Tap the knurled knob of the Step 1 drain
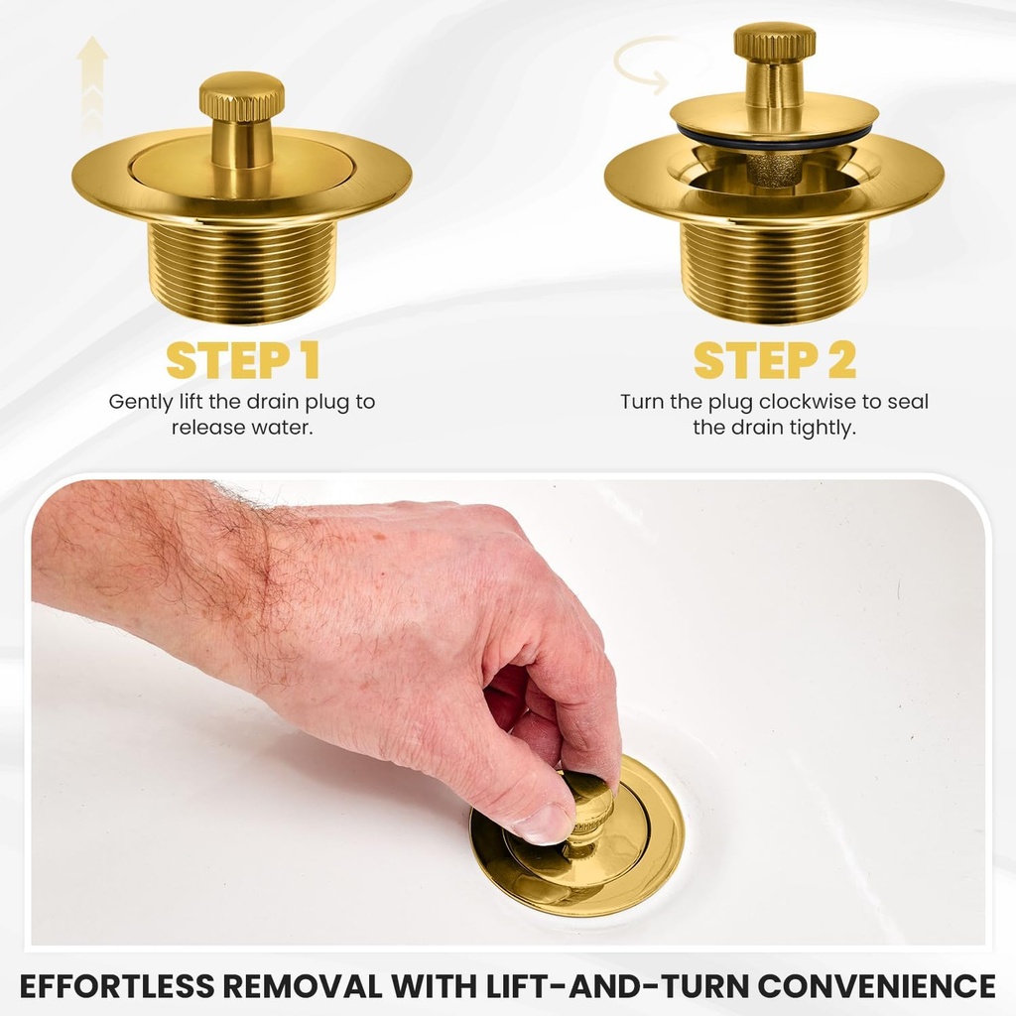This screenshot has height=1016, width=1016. (241, 96)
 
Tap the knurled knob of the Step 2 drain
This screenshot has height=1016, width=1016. (774, 42)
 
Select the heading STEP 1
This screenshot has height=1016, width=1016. (242, 361)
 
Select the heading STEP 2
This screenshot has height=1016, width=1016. (774, 361)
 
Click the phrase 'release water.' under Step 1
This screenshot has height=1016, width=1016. (242, 429)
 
